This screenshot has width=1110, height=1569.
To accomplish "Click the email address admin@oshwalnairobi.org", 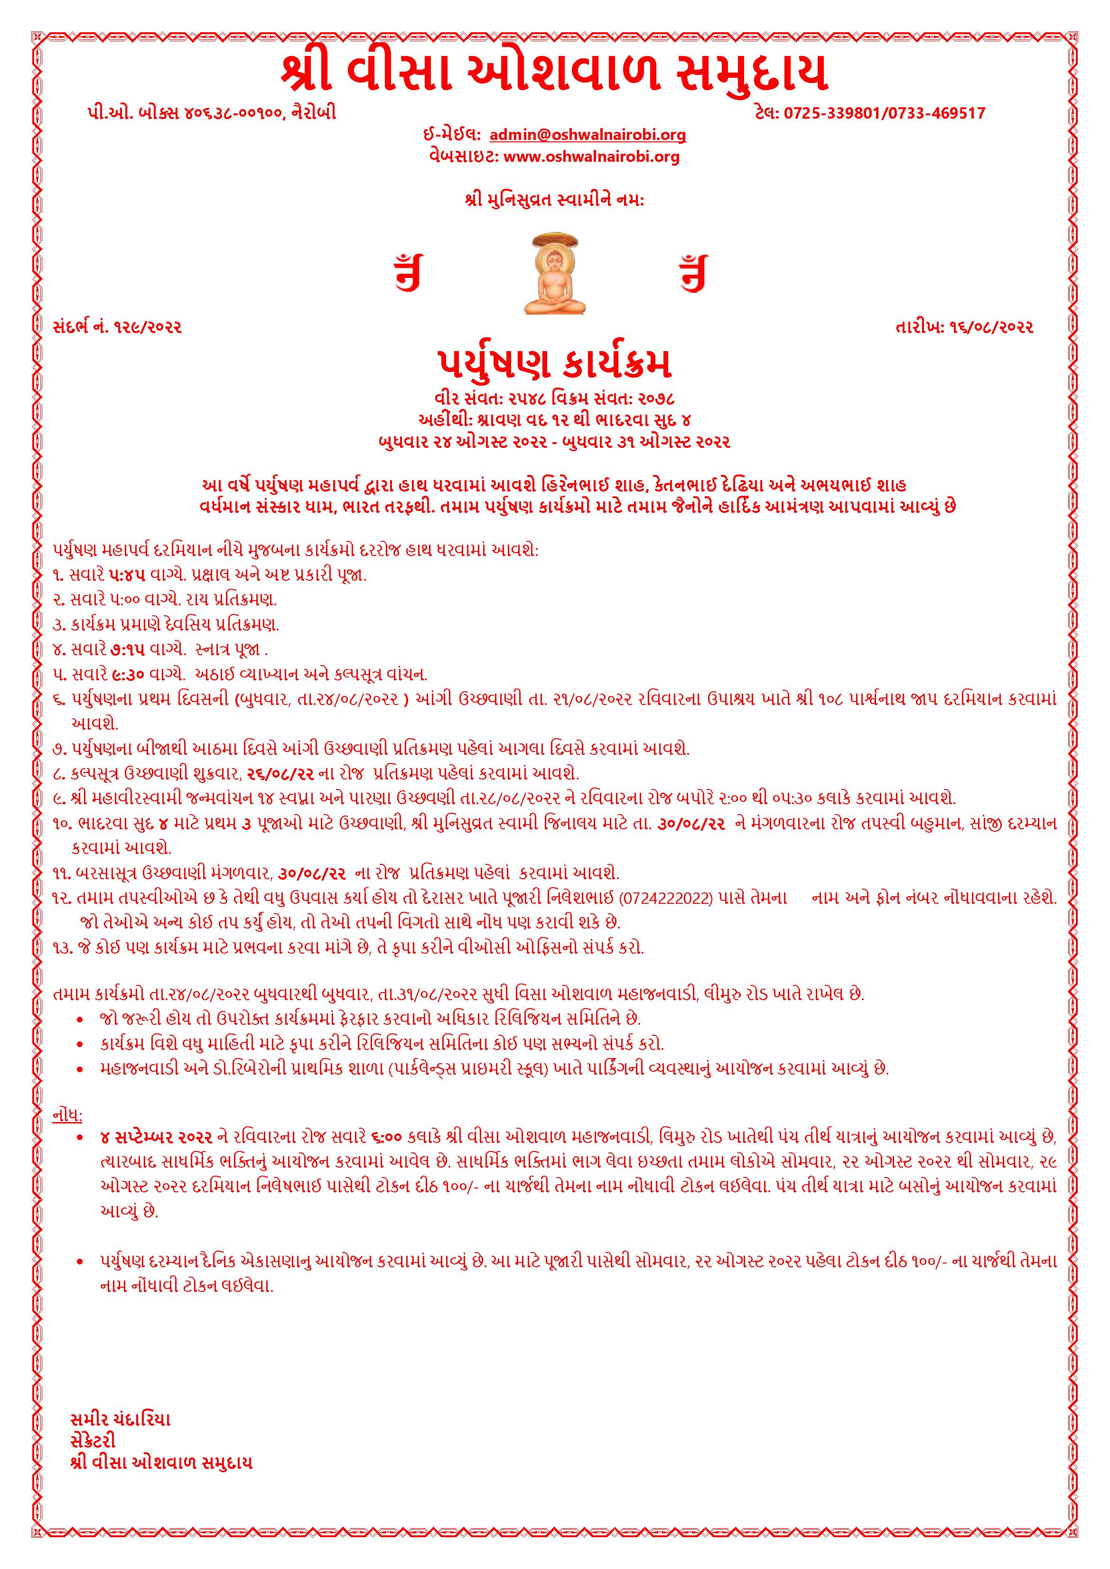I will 588,135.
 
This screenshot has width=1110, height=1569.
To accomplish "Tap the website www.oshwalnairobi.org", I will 591,157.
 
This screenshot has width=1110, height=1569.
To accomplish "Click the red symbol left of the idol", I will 408,273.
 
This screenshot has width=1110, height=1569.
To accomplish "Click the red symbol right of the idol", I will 692,273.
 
